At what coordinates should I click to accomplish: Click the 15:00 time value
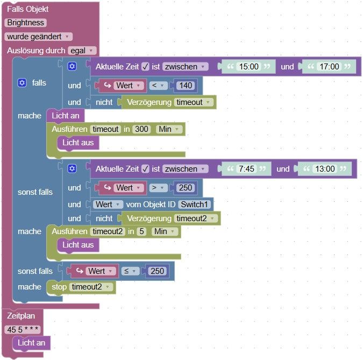pos(248,67)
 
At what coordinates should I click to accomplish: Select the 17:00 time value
pos(329,67)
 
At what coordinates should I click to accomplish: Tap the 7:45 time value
pos(246,169)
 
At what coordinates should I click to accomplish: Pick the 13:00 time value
pos(325,169)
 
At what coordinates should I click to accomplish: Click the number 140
pos(186,86)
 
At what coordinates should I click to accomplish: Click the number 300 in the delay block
pos(142,129)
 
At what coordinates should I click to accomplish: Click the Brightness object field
pos(26,23)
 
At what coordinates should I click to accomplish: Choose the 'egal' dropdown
pos(82,51)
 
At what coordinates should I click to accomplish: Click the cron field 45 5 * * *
pos(23,329)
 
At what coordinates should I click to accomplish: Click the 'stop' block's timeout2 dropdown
pos(91,287)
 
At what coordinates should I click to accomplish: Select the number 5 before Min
pos(141,231)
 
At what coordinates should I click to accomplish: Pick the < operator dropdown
pos(157,86)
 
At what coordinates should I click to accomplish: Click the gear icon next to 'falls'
pos(22,83)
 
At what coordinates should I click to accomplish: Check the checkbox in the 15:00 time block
pos(145,67)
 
